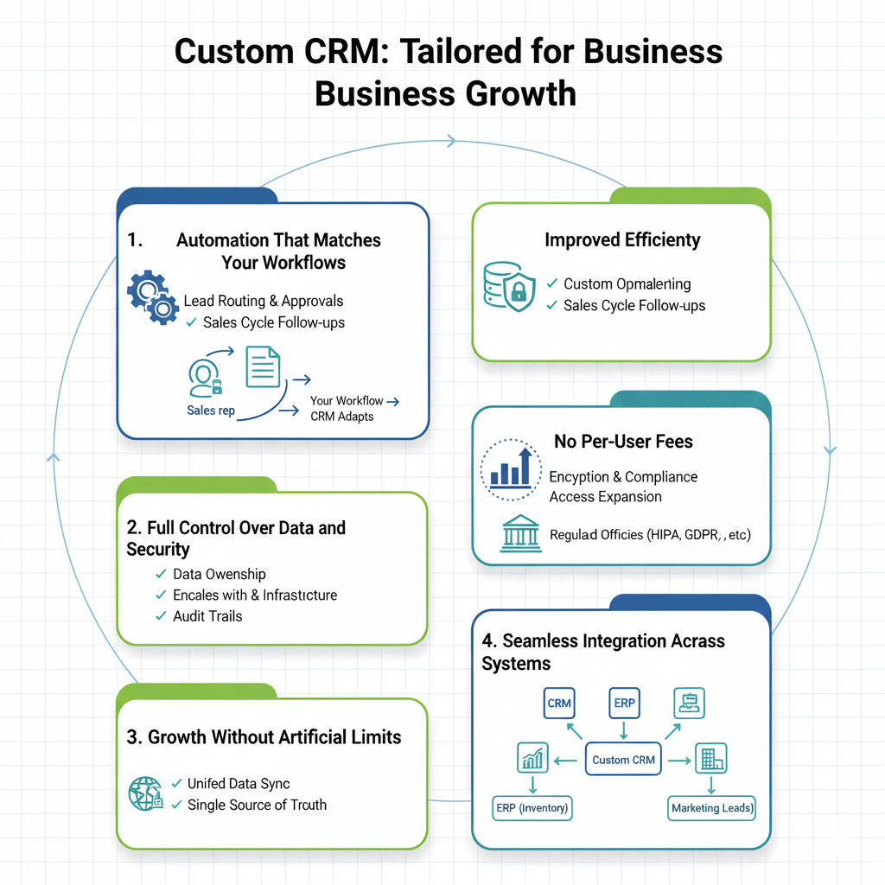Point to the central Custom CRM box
(x=623, y=760)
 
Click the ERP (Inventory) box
(x=532, y=808)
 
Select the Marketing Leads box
(x=712, y=808)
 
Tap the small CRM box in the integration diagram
(x=559, y=703)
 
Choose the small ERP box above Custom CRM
(x=624, y=703)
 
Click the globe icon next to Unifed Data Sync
(x=144, y=793)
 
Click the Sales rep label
(x=211, y=411)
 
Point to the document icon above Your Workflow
(x=264, y=366)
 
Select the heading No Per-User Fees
(x=623, y=442)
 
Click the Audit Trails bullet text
(x=207, y=616)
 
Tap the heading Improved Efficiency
(x=622, y=239)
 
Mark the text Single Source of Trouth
(x=258, y=805)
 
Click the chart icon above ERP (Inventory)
(x=531, y=759)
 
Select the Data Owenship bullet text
(x=219, y=574)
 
